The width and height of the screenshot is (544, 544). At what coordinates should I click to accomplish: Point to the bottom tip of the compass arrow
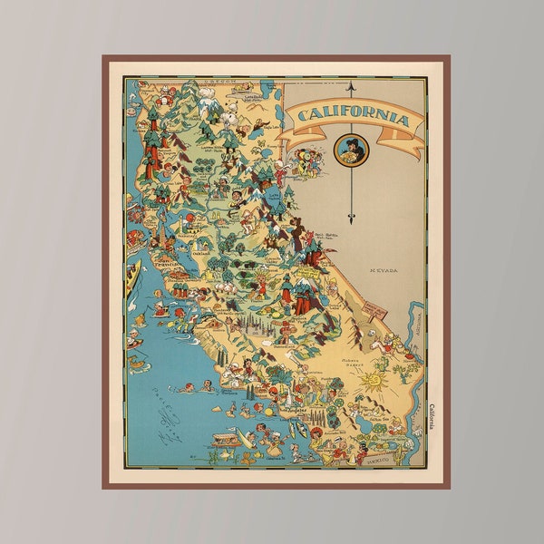(x=351, y=220)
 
